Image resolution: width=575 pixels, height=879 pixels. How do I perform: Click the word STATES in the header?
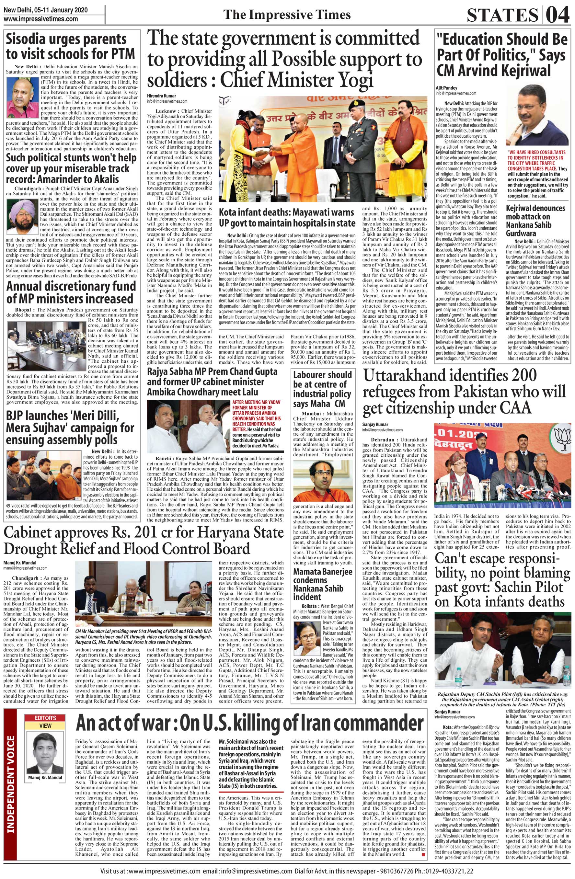(502, 16)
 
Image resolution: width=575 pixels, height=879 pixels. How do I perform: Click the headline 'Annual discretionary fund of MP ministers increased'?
(71, 293)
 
